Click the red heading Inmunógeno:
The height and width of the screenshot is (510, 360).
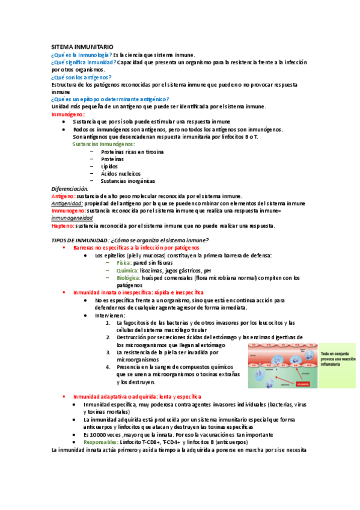click(68, 114)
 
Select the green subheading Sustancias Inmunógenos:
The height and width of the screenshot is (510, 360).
click(103, 144)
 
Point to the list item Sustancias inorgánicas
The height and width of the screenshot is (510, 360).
click(128, 180)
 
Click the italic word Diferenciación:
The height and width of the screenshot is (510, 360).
click(70, 188)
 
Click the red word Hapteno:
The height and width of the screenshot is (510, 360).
click(63, 226)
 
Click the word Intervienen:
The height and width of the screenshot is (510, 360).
click(110, 315)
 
